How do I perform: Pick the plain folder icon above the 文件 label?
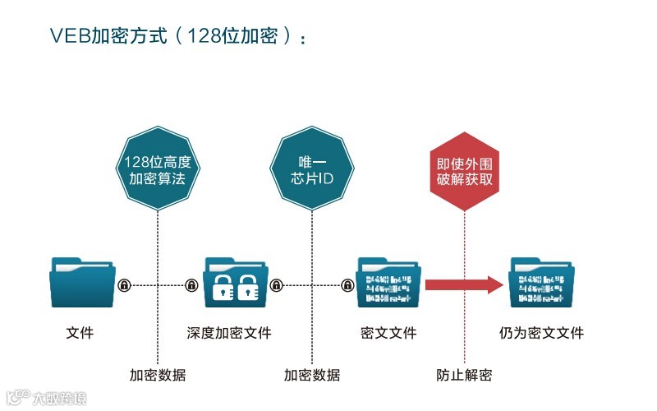[83, 283]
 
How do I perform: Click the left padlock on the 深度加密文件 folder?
[223, 288]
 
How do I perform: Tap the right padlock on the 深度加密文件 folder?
[250, 288]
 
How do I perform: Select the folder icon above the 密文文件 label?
[388, 283]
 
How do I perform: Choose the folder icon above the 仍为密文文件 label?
[542, 283]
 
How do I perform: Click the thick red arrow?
[463, 285]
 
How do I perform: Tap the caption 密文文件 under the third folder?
[388, 333]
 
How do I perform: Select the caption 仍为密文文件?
[541, 333]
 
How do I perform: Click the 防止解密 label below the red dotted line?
[464, 376]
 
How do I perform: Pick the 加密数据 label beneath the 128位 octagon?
[158, 376]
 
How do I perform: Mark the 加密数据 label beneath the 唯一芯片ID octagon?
[312, 376]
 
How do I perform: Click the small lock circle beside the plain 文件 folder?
[124, 285]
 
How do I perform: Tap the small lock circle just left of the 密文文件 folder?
[348, 285]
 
